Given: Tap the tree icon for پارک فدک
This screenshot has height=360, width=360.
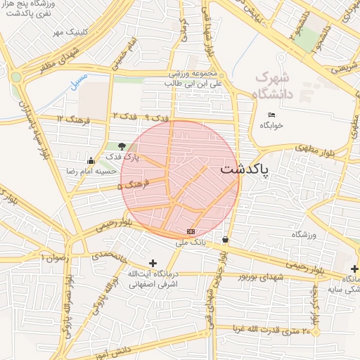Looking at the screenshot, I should pos(123,146).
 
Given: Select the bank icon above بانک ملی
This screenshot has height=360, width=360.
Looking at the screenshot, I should pos(191,231).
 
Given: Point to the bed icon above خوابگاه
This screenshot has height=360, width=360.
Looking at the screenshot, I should pos(272,115).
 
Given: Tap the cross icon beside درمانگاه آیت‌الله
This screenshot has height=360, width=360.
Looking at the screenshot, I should pos(153,262).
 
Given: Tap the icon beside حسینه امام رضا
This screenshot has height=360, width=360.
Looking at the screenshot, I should pos(90,160).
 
